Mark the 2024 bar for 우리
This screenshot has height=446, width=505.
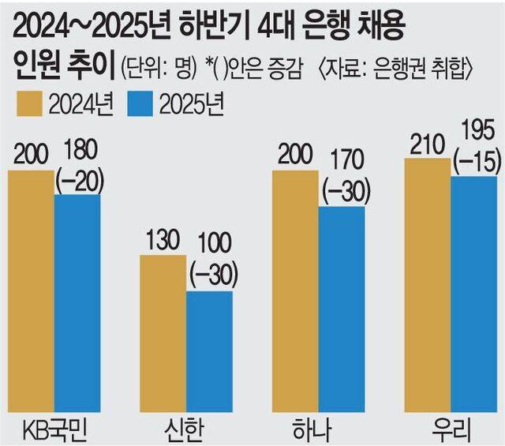pos(428,285)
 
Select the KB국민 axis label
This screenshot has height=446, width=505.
pos(54,431)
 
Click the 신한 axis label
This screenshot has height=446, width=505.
pos(186,431)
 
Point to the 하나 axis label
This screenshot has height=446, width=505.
pos(319,431)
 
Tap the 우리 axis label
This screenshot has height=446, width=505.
pos(451,431)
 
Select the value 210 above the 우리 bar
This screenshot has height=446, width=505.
pos(427,144)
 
